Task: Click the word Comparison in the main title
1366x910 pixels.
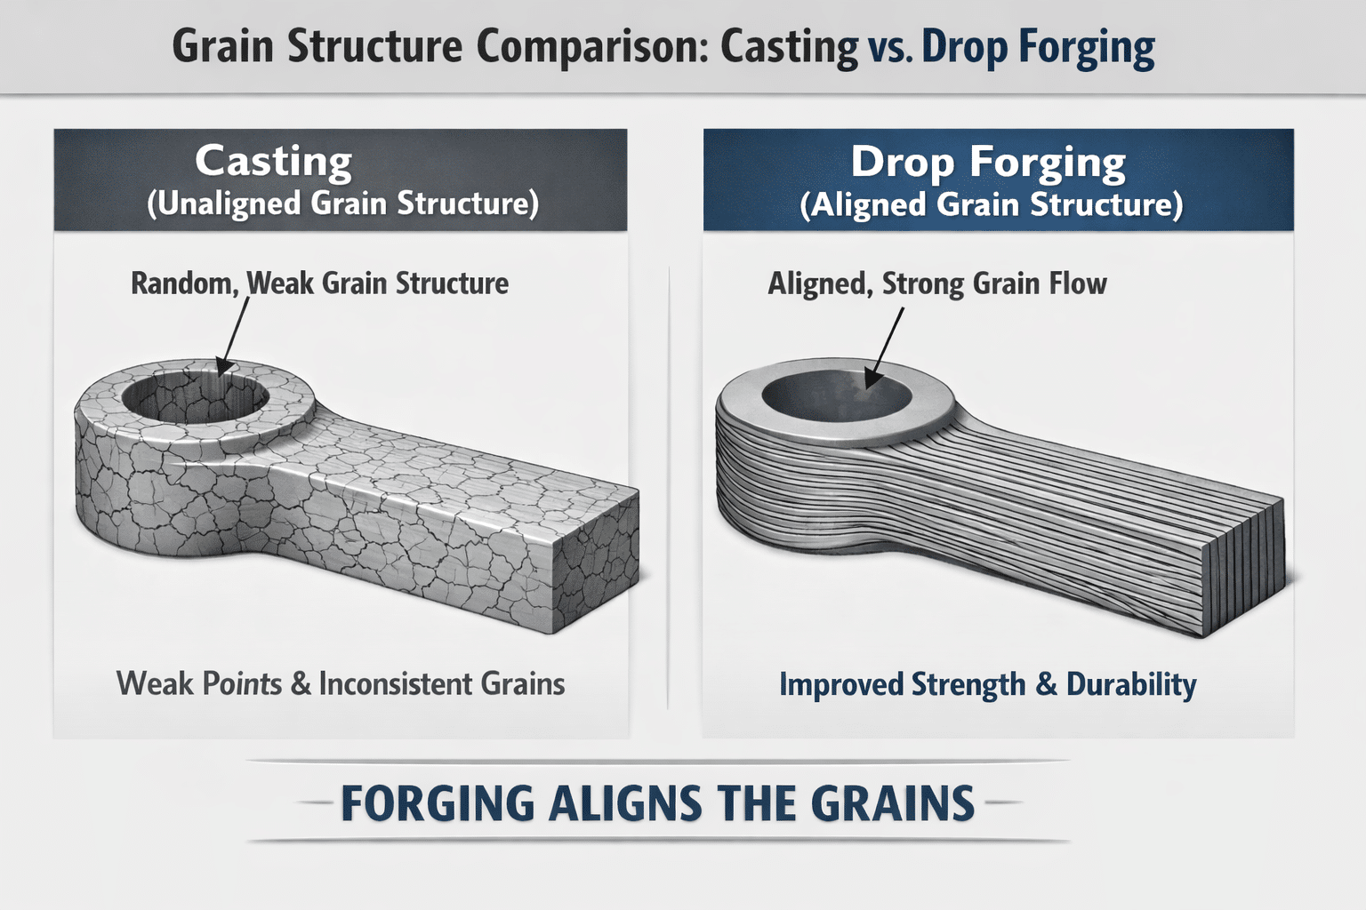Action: (x=591, y=47)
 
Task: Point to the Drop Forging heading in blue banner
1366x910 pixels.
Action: (x=988, y=163)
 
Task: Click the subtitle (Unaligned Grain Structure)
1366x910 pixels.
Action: (x=342, y=204)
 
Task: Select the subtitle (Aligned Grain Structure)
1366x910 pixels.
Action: (x=991, y=204)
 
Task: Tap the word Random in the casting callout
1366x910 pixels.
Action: (x=185, y=284)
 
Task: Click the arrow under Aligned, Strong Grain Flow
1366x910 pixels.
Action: (x=884, y=347)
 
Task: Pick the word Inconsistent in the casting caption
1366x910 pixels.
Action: (x=397, y=684)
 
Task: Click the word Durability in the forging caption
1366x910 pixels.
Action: (x=1131, y=684)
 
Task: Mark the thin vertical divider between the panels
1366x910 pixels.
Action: (x=669, y=488)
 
